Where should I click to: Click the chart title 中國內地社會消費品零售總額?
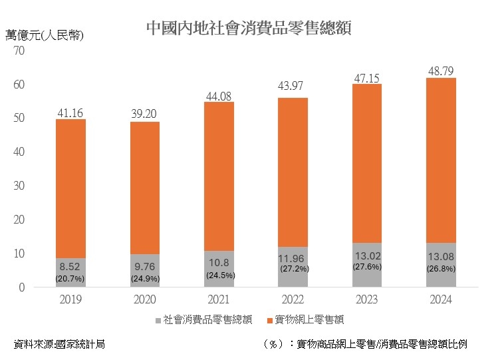tap(249, 28)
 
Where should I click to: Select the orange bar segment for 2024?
tap(441, 160)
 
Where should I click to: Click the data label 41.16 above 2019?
tap(70, 112)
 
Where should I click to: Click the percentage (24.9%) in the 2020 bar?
tap(145, 277)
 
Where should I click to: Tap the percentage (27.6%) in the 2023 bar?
tap(366, 266)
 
